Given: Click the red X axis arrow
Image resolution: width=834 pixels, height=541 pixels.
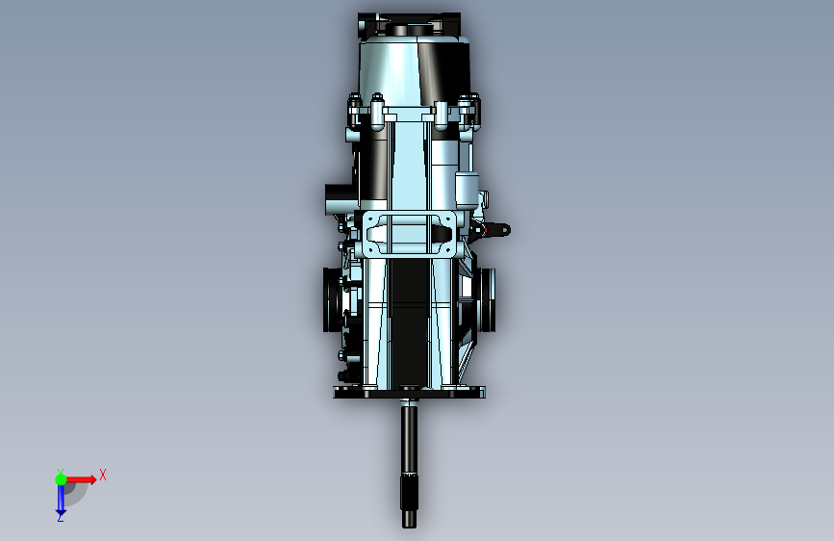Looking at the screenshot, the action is pyautogui.click(x=81, y=479).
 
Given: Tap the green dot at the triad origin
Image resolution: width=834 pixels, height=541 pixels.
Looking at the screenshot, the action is pyautogui.click(x=61, y=479).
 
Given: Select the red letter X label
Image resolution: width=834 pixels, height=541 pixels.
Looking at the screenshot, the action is pyautogui.click(x=103, y=475).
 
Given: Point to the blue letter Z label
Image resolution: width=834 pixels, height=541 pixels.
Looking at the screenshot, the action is pyautogui.click(x=60, y=517).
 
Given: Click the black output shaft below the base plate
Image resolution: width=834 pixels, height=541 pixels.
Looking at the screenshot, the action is pyautogui.click(x=409, y=463).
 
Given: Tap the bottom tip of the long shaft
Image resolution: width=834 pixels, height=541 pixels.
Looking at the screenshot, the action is pyautogui.click(x=409, y=528).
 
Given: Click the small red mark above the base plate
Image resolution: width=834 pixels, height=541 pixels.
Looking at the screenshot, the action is pyautogui.click(x=409, y=385).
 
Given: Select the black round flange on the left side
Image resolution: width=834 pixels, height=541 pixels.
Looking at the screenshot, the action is pyautogui.click(x=333, y=299).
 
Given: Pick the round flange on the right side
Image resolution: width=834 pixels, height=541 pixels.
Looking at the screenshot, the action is pyautogui.click(x=487, y=299).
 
